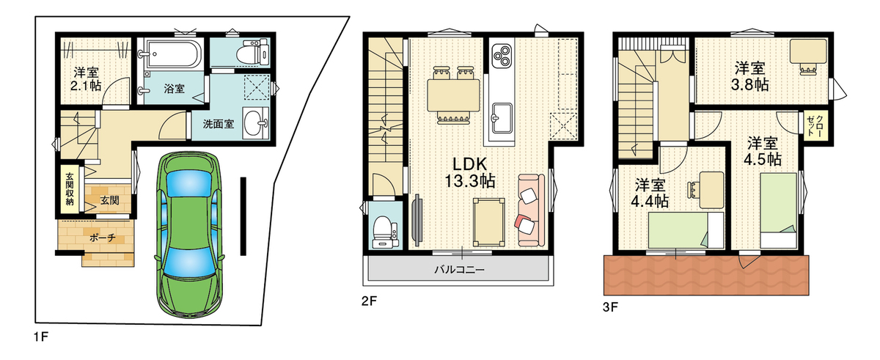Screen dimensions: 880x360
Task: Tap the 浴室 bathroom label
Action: click(174, 89)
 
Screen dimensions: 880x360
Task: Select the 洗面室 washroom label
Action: click(218, 124)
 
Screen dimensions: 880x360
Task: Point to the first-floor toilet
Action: click(256, 52)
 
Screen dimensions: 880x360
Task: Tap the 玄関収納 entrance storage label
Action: click(70, 189)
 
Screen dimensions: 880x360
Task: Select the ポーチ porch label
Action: click(103, 238)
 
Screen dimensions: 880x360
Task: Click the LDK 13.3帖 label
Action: click(469, 172)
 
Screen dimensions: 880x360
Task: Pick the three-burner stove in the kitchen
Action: click(502, 54)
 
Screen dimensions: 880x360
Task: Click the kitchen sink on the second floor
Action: click(502, 117)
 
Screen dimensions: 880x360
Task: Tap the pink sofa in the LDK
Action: click(531, 210)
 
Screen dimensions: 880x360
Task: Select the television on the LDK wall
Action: click(417, 219)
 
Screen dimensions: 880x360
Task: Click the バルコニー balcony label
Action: click(459, 270)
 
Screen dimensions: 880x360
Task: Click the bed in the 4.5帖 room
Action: click(778, 210)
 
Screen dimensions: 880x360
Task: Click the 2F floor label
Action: click(369, 301)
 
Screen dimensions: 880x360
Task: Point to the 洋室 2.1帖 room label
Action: click(86, 79)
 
